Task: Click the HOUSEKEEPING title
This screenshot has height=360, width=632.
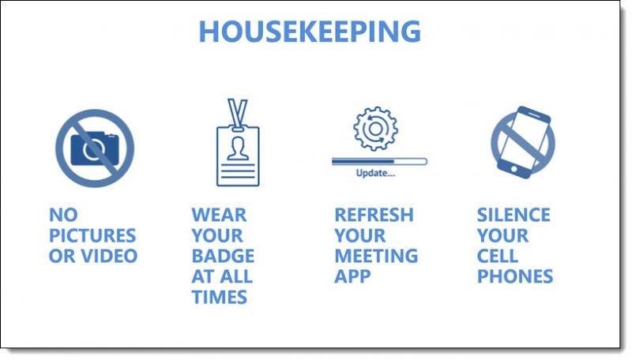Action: tap(310, 32)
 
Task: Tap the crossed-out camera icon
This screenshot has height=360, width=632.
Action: tap(94, 148)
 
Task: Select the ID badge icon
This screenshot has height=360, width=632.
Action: tap(237, 154)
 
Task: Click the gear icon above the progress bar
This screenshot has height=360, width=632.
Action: tap(375, 129)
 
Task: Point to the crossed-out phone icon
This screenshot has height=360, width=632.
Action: tap(522, 143)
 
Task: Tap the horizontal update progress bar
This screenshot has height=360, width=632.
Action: tap(379, 161)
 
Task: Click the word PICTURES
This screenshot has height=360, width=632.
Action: tap(92, 235)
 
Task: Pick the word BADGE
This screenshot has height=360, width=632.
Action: tap(223, 256)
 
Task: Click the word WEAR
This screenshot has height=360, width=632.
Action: tap(219, 215)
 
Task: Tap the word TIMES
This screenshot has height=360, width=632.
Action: tap(219, 297)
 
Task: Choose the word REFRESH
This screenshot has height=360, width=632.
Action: tap(374, 215)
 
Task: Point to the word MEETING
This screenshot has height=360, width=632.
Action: tap(375, 256)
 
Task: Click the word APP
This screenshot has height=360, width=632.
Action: tap(353, 276)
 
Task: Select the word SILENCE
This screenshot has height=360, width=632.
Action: tap(513, 215)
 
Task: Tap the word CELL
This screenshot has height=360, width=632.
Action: tap(498, 256)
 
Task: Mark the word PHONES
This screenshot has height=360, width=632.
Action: tap(514, 276)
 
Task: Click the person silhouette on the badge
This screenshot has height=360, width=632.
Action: tap(237, 148)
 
